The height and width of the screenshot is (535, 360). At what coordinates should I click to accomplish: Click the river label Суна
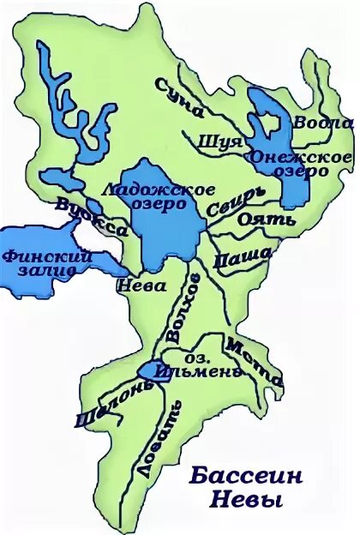tap(180, 95)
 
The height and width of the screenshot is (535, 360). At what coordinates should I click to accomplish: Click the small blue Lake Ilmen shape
tap(149, 370)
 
